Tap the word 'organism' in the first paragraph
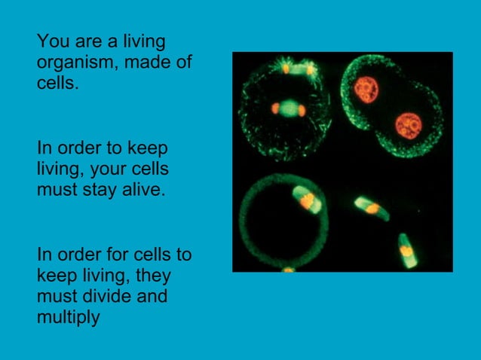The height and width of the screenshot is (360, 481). tap(76, 63)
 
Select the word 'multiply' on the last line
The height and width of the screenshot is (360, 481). tap(67, 318)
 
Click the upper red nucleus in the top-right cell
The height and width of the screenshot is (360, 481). tap(366, 88)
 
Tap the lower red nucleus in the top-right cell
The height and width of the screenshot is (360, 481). tap(408, 124)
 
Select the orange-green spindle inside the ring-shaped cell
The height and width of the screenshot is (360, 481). tap(305, 200)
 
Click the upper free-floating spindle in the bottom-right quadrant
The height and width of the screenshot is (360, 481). tap(372, 207)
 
